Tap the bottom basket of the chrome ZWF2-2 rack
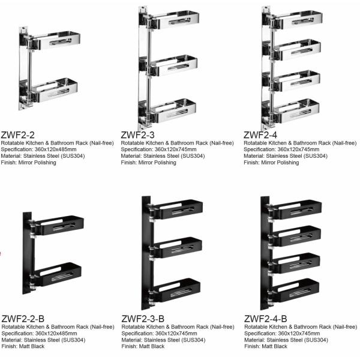click(x=57, y=91)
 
